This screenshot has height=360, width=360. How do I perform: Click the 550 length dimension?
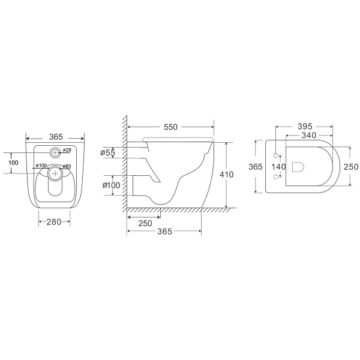pyautogui.click(x=170, y=127)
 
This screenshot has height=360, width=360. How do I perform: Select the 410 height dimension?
pyautogui.click(x=227, y=175)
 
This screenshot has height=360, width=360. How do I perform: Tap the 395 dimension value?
pyautogui.click(x=305, y=126)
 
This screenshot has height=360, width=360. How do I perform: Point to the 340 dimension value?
pyautogui.click(x=309, y=135)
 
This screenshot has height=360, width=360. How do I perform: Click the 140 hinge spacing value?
pyautogui.click(x=278, y=167)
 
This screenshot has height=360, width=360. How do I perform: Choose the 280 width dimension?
pyautogui.click(x=54, y=222)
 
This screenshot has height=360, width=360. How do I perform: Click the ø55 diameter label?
pyautogui.click(x=107, y=152)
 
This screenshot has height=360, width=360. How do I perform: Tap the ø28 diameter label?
pyautogui.click(x=67, y=150)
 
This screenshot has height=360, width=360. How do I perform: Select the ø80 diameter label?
pyautogui.click(x=67, y=166)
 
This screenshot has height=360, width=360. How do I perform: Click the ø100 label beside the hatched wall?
pyautogui.click(x=112, y=185)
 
